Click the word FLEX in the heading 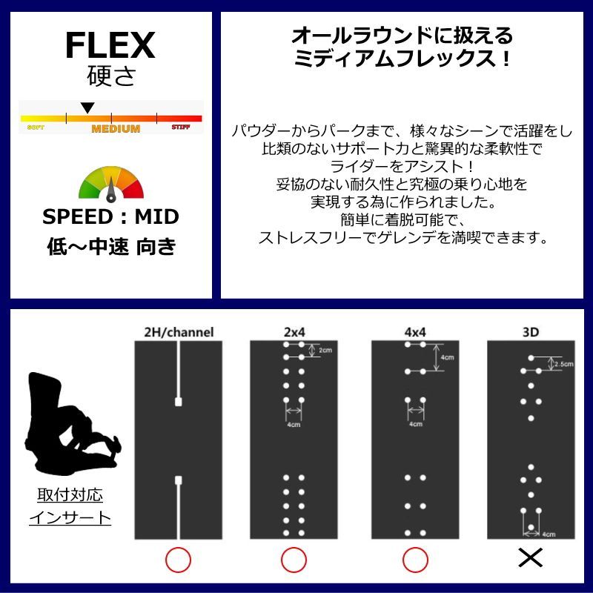(110, 46)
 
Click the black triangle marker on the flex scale (87, 108)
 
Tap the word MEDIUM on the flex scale (116, 129)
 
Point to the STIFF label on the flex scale (181, 127)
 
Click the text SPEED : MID (110, 217)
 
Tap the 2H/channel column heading (178, 332)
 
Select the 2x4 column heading (294, 332)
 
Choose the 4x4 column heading (414, 332)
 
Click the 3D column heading (531, 332)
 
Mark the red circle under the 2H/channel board (178, 560)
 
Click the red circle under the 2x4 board (294, 560)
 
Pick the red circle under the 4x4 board (414, 560)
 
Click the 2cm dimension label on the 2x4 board (325, 351)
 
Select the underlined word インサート (70, 517)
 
